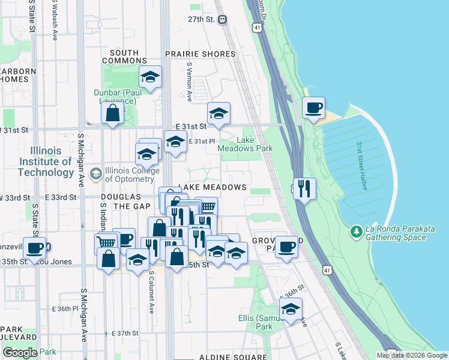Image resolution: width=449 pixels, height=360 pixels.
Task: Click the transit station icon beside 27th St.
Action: pos(223,19)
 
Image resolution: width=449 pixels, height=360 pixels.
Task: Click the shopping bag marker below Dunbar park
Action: pos(113,112)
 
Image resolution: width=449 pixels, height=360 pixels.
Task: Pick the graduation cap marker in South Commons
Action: pos(150,76)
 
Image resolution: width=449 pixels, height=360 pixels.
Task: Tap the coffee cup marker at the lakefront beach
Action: pos(313,108)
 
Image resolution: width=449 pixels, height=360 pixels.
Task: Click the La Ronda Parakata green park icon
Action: pos(357,231)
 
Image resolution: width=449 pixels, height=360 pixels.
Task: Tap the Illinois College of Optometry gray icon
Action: pos(95,174)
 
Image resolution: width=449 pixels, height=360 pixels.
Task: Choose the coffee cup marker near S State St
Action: pos(35,247)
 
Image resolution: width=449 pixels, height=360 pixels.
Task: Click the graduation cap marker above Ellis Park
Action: pos(291,308)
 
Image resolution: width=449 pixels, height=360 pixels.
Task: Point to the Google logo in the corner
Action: pos(20,353)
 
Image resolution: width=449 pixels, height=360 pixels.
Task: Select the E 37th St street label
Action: pos(125,333)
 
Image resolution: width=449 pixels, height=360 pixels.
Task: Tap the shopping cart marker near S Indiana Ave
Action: pos(106,242)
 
